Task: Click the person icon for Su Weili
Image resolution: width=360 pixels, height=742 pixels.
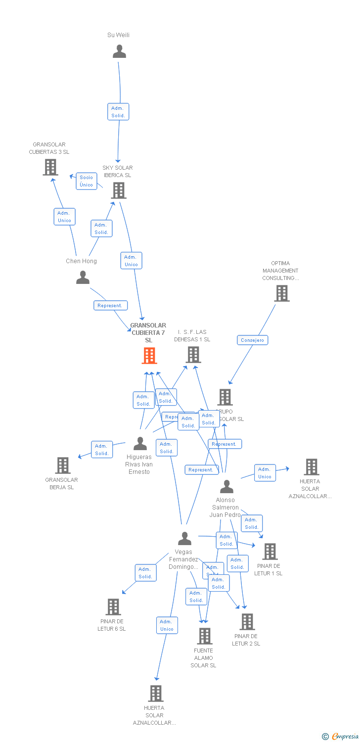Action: coord(119,51)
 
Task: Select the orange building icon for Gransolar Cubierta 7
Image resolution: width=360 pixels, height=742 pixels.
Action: coord(149,355)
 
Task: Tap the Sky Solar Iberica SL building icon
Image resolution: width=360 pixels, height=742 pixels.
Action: coord(119,190)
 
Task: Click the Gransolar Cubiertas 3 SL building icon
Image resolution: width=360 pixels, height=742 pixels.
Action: coord(50,167)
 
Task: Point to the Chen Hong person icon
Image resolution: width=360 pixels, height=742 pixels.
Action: coord(83,278)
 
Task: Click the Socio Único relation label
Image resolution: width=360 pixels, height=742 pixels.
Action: coord(86,181)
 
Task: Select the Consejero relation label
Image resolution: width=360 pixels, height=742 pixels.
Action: coord(253,340)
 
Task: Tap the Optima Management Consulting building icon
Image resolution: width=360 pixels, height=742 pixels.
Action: coord(281,293)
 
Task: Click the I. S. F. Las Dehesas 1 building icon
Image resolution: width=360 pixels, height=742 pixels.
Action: coord(193,354)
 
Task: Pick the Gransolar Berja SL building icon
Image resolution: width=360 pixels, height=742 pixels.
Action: coord(63,465)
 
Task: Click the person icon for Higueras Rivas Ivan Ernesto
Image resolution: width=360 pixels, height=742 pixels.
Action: coord(140,444)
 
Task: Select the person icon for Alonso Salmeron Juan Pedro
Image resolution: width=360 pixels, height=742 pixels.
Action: coord(226,487)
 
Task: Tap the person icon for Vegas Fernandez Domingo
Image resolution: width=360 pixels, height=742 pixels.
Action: coord(184,538)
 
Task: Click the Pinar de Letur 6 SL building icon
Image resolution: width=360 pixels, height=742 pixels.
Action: coord(113,606)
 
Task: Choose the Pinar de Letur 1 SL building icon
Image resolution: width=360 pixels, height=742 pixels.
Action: coord(270,551)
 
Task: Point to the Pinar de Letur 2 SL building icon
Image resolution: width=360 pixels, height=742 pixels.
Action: coord(247,621)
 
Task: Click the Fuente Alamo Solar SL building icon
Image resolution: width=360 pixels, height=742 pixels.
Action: coord(204,636)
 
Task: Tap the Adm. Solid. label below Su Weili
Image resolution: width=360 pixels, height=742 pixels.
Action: coord(118,112)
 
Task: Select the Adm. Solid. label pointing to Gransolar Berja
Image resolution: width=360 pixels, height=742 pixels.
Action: coord(102,450)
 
